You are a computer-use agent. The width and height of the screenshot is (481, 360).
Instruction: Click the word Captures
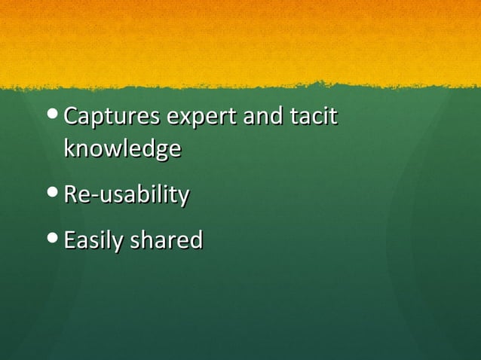[112, 117]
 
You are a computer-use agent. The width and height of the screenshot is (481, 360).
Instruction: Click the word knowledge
[122, 148]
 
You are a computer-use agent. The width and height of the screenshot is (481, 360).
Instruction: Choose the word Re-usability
[127, 195]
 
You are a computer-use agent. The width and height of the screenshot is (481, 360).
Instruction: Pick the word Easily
[94, 241]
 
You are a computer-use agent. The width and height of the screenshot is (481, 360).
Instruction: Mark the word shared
[167, 241]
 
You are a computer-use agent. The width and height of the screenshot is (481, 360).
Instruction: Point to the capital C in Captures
[72, 117]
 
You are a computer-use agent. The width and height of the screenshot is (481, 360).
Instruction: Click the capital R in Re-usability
[71, 195]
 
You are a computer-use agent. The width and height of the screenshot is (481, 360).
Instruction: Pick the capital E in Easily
[70, 241]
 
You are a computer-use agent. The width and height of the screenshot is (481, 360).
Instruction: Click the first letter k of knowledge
[69, 148]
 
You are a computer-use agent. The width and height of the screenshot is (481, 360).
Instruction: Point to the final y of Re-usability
[183, 198]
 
